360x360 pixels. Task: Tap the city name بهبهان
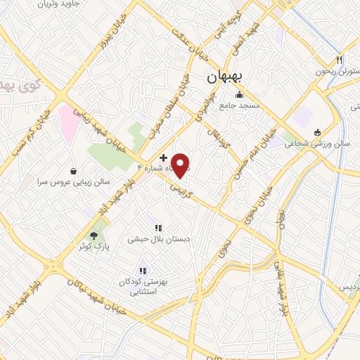pos(224,79)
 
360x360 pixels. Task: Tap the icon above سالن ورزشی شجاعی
pos(316,131)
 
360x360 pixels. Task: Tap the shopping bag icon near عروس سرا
pos(74,170)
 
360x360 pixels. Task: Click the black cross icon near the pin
pos(164,157)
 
